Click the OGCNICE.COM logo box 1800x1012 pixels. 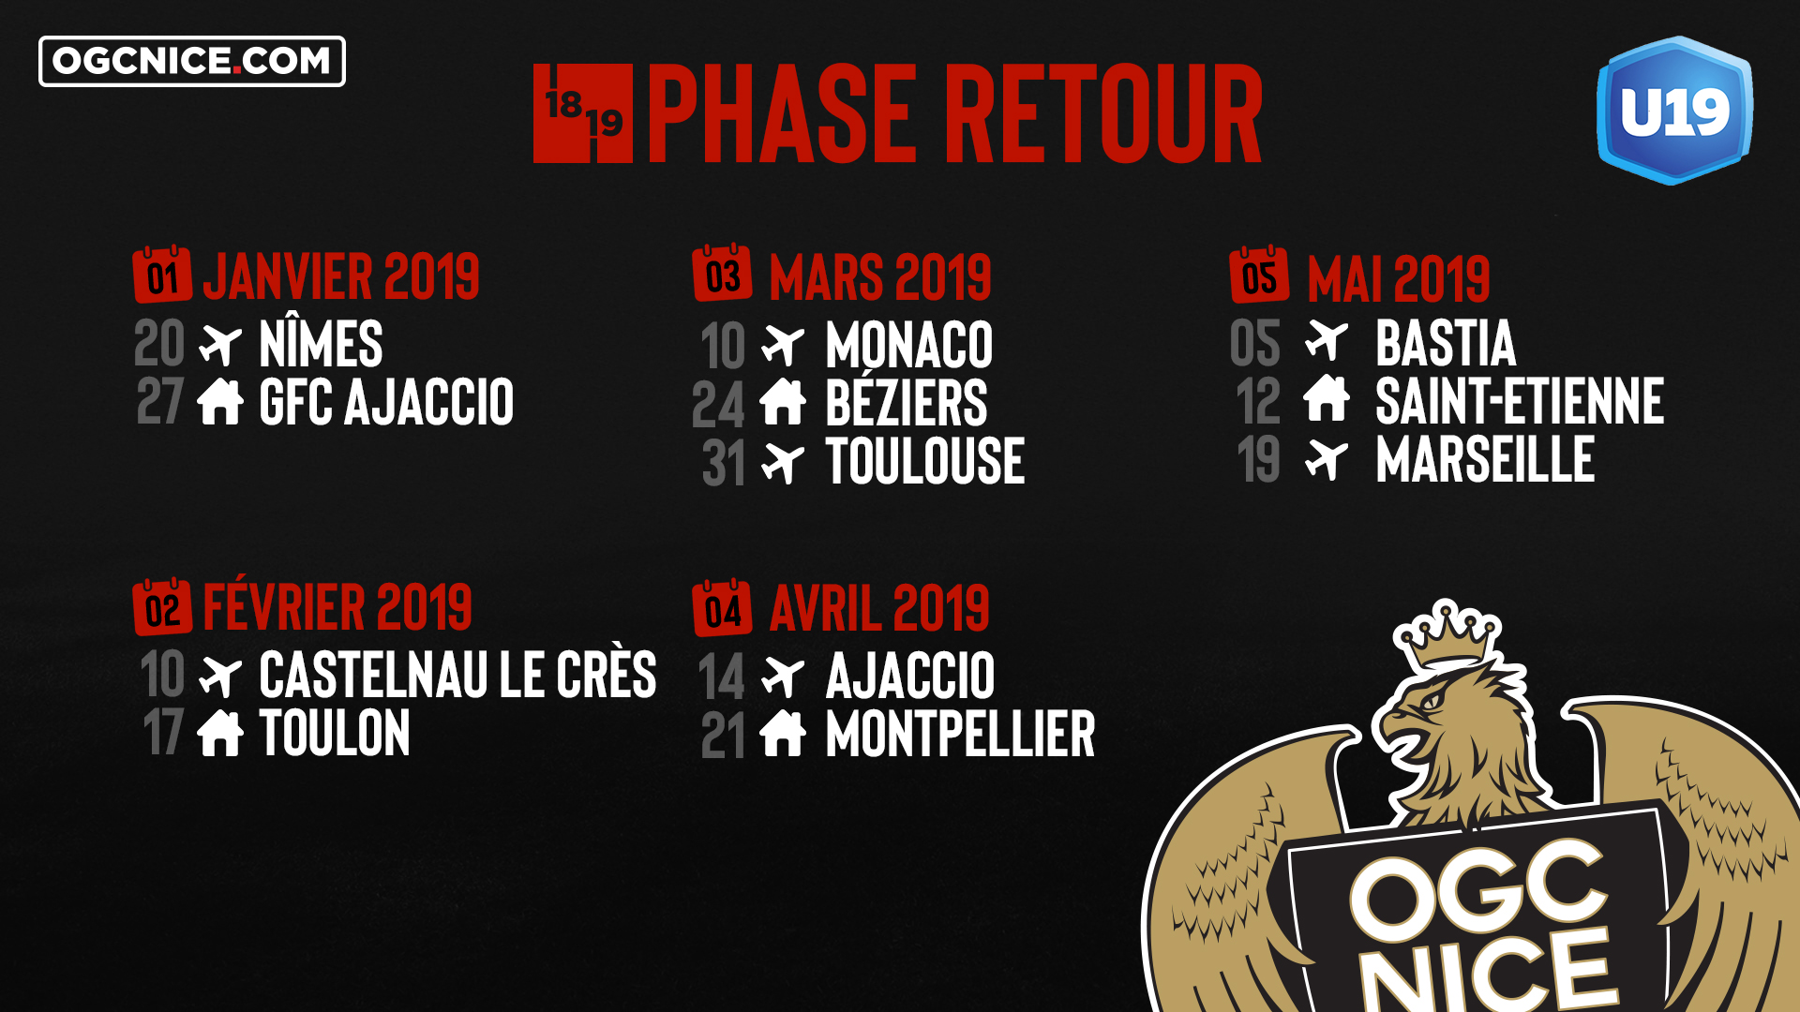[x=192, y=61]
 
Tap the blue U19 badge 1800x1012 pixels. [x=1674, y=111]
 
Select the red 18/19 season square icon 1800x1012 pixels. [x=583, y=113]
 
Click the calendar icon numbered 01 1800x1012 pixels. [x=162, y=275]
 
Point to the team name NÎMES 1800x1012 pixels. [x=321, y=344]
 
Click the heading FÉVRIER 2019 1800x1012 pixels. [x=337, y=605]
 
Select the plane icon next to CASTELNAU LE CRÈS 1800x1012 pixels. [x=220, y=676]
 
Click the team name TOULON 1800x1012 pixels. [x=335, y=733]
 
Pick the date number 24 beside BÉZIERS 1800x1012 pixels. [x=718, y=404]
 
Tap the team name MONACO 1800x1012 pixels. [x=908, y=345]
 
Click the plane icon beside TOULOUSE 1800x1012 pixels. [x=783, y=462]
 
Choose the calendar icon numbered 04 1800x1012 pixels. [x=722, y=608]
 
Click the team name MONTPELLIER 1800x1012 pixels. [x=960, y=734]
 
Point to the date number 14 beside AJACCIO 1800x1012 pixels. [x=721, y=677]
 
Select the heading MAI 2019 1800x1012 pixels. [x=1398, y=278]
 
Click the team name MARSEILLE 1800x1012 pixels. [x=1485, y=459]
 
